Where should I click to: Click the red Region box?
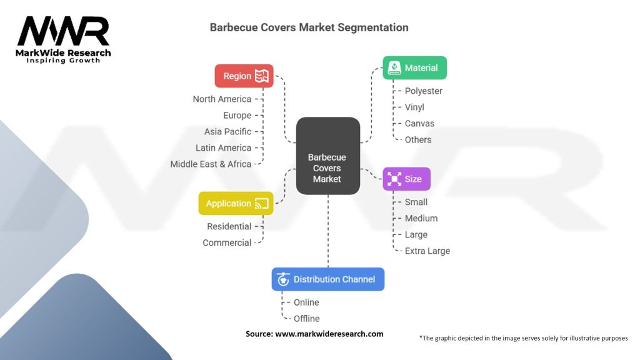click(x=244, y=76)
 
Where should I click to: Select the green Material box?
click(x=415, y=67)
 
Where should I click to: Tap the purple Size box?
click(x=406, y=179)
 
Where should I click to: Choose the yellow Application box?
click(x=236, y=203)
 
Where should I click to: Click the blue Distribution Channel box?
click(x=328, y=279)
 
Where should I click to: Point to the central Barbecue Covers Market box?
click(x=328, y=156)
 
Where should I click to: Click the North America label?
click(x=222, y=99)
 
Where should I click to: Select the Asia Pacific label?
click(x=227, y=131)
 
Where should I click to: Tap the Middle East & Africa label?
click(x=211, y=164)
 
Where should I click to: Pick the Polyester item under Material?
click(x=423, y=91)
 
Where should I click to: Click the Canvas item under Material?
click(x=419, y=123)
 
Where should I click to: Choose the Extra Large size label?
click(x=427, y=251)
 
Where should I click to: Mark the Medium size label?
click(x=421, y=218)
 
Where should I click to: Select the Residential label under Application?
click(x=229, y=226)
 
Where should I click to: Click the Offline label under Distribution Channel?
click(x=306, y=318)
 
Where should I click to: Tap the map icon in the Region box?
click(x=262, y=76)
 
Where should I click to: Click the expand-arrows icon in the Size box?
click(x=394, y=179)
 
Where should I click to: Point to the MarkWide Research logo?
click(x=63, y=39)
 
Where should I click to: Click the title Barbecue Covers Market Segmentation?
click(x=309, y=27)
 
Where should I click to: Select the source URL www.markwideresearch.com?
click(x=329, y=334)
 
